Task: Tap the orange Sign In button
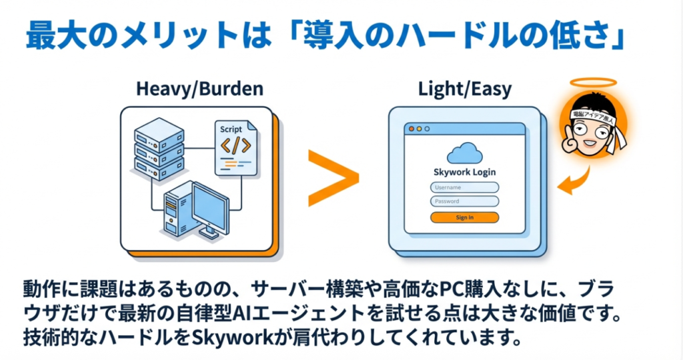pyautogui.click(x=464, y=217)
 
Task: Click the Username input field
pyautogui.click(x=464, y=187)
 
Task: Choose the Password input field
pyautogui.click(x=464, y=201)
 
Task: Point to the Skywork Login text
pyautogui.click(x=464, y=172)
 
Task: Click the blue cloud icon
pyautogui.click(x=464, y=153)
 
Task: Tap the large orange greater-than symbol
pyautogui.click(x=331, y=177)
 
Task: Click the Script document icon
pyautogui.click(x=235, y=147)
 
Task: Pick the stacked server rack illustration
pyautogui.click(x=157, y=148)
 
